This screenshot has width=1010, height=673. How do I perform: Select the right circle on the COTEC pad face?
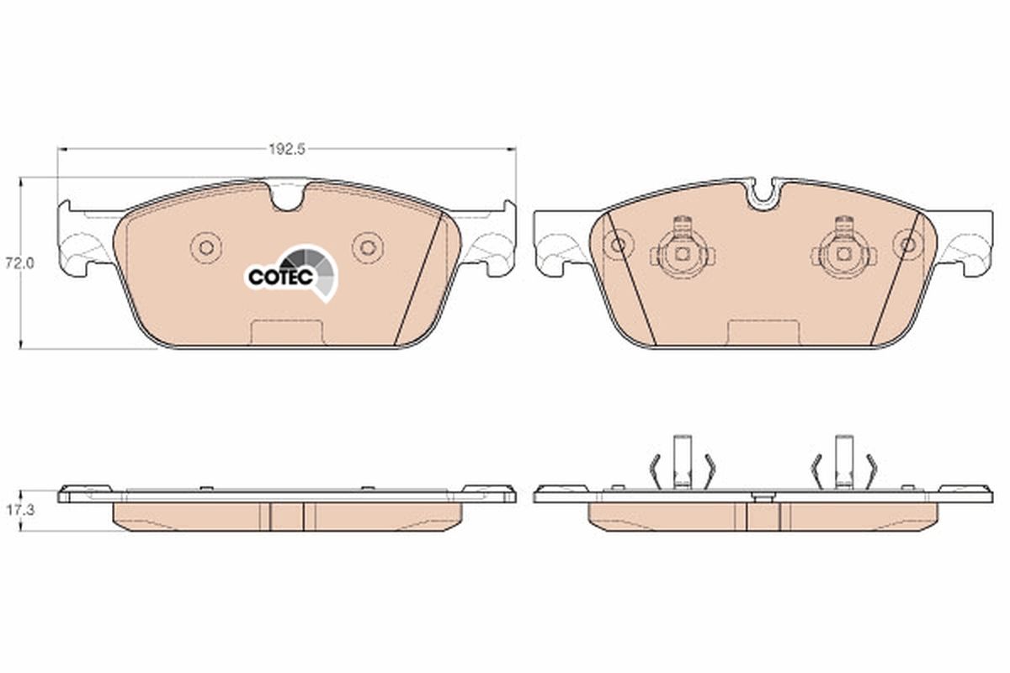coord(366,246)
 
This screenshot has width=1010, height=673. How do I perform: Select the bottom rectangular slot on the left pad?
coord(286,332)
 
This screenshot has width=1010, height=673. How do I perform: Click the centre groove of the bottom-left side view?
coord(287,516)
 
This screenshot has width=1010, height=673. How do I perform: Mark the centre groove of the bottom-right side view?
coord(763,515)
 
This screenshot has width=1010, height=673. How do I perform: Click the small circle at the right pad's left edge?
coord(619,246)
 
